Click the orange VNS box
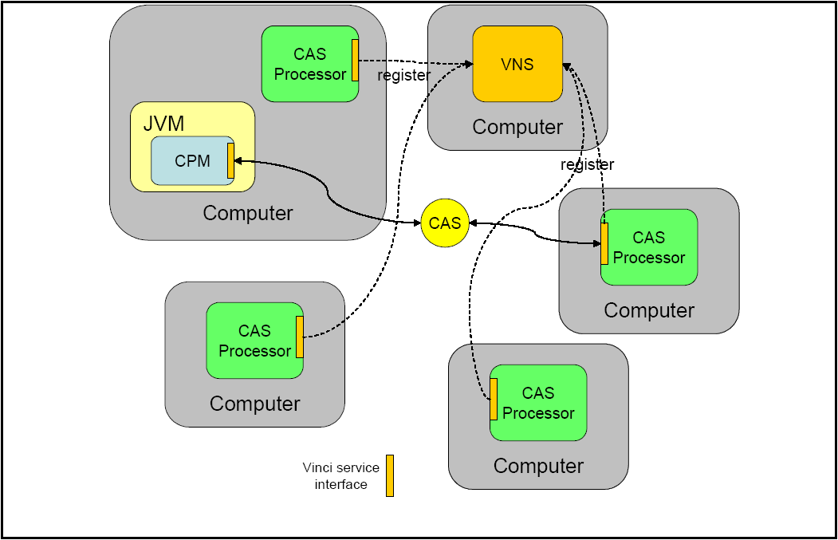click(x=517, y=64)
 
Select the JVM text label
click(x=163, y=123)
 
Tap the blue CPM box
click(x=192, y=160)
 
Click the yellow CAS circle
click(x=445, y=223)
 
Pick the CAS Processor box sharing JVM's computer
click(x=309, y=64)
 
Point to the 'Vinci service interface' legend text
click(x=340, y=476)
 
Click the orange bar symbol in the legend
click(x=390, y=475)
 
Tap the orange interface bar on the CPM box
click(x=230, y=160)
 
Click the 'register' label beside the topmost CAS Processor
click(x=403, y=76)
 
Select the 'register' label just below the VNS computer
click(x=587, y=164)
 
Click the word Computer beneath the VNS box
click(x=517, y=127)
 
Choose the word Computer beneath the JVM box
click(x=247, y=213)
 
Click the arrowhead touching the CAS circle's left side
click(x=416, y=223)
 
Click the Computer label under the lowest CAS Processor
click(x=538, y=466)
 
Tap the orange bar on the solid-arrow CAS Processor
click(x=604, y=244)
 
